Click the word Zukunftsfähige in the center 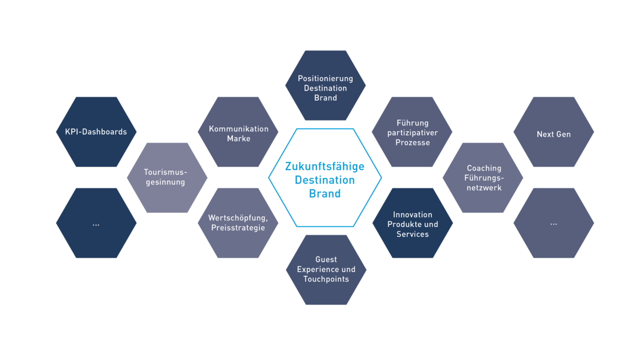click(325, 166)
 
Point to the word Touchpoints click(326, 279)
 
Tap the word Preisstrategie click(238, 228)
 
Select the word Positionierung click(326, 79)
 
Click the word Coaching click(484, 168)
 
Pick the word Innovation click(413, 215)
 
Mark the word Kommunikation click(239, 129)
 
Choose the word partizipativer click(412, 133)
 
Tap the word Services click(412, 234)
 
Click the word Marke click(238, 139)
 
